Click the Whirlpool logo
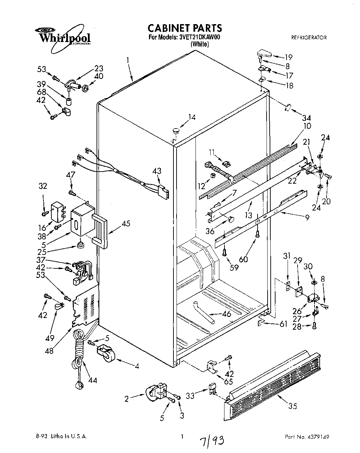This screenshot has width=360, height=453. [64, 36]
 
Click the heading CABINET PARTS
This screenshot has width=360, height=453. [184, 28]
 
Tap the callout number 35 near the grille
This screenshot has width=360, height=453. [292, 406]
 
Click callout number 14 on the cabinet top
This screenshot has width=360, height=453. [192, 117]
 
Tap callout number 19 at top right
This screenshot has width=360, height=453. [288, 57]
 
